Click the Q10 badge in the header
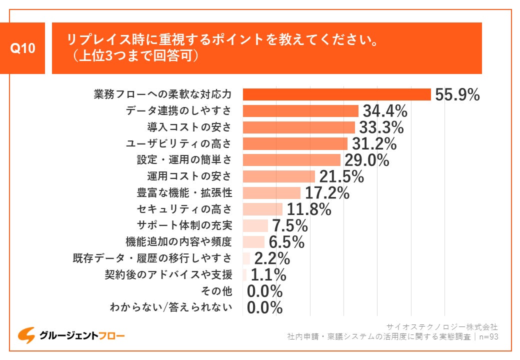(23, 48)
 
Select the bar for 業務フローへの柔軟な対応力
(336, 94)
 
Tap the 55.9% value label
(457, 94)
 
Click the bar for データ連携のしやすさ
(300, 111)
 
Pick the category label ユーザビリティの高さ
(179, 143)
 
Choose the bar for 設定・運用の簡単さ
(291, 160)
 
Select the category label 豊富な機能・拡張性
(184, 192)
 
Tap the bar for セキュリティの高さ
(262, 209)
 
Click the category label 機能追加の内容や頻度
(179, 242)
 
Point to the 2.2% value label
(272, 258)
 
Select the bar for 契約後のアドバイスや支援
(244, 274)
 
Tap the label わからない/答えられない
(171, 307)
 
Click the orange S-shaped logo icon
(26, 335)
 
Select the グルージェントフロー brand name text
(82, 335)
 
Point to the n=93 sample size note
(488, 336)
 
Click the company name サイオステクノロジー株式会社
(442, 326)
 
